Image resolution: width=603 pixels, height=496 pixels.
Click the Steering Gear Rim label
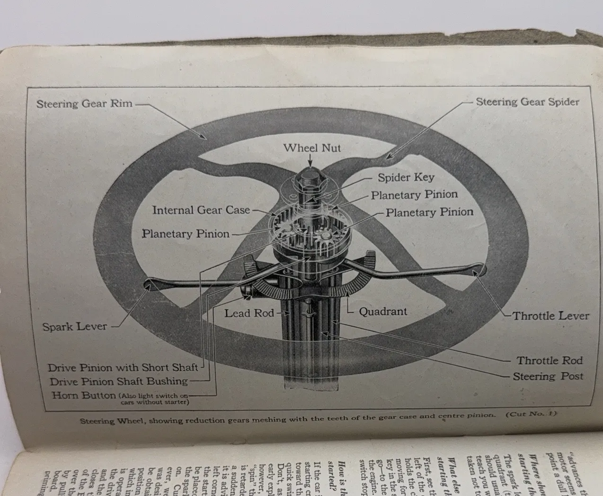(x=84, y=104)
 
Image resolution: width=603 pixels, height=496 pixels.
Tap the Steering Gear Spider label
(x=527, y=102)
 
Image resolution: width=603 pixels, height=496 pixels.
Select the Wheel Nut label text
(x=312, y=148)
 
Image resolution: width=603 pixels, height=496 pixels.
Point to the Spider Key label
(x=406, y=177)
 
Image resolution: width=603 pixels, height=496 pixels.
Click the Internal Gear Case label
(x=201, y=210)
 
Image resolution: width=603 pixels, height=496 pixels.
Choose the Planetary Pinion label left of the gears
(x=186, y=234)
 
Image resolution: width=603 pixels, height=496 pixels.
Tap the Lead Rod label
(x=249, y=313)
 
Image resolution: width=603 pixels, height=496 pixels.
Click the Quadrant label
(x=382, y=312)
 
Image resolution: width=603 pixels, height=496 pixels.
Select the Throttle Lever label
(x=551, y=316)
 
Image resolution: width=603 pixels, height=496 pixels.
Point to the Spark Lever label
(x=75, y=326)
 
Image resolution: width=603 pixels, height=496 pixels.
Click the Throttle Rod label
(x=549, y=360)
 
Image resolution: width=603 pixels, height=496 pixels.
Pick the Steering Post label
(x=548, y=376)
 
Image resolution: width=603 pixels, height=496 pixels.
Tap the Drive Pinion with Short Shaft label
(x=123, y=367)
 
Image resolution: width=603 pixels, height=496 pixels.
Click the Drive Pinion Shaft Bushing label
(x=119, y=381)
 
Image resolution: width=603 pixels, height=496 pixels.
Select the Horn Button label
(x=84, y=395)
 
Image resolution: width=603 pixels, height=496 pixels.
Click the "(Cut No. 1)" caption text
(x=531, y=414)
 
